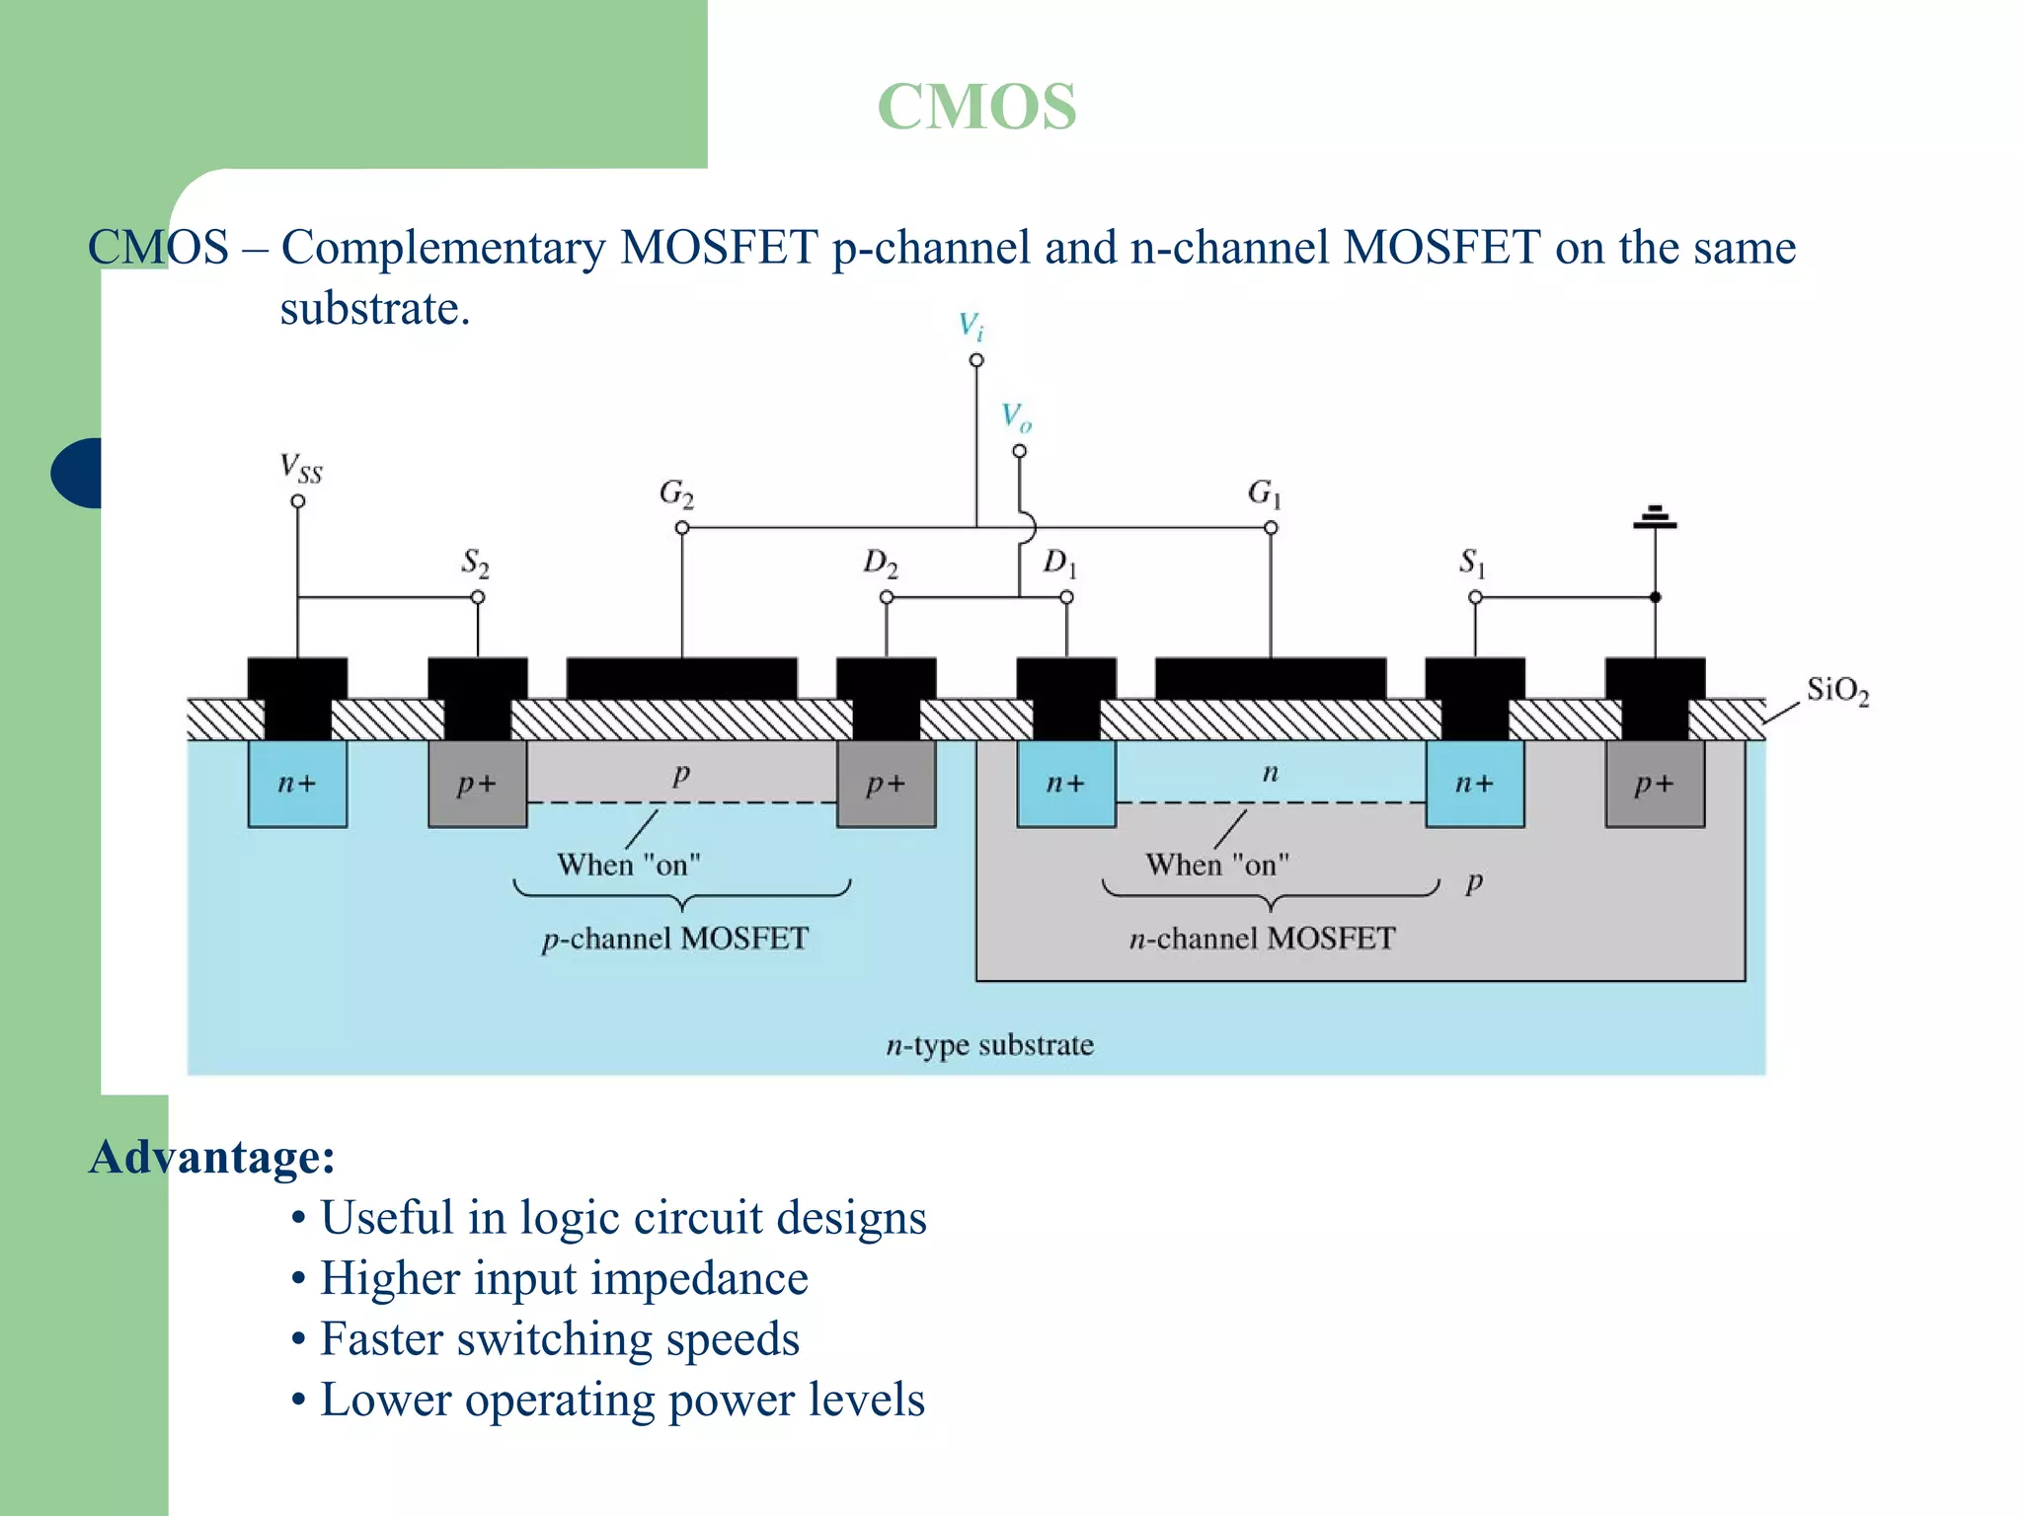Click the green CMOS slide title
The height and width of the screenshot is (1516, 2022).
[976, 107]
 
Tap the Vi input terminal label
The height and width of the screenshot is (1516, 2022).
[972, 326]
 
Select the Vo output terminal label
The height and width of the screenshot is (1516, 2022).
[1016, 417]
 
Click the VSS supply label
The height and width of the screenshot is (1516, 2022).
[300, 467]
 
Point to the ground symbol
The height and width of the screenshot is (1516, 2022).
[1655, 517]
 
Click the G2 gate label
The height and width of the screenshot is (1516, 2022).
[676, 493]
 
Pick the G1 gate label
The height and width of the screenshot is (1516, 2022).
[1264, 492]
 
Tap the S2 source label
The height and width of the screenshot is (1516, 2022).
[475, 564]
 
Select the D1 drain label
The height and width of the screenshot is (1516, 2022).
[1059, 564]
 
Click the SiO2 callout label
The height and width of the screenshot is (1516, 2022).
[1837, 690]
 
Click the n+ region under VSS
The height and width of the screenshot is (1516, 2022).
[297, 784]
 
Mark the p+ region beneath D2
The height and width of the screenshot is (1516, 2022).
[886, 784]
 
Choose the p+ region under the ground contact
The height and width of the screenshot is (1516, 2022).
[1655, 784]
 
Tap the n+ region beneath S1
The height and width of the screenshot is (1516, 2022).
[1474, 784]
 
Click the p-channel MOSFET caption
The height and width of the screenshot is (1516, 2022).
[675, 938]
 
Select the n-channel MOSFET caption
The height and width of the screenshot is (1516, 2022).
[1262, 938]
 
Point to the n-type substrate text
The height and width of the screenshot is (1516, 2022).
[989, 1044]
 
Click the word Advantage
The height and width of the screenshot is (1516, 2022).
[211, 1156]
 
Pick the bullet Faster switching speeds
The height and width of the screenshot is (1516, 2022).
[559, 1339]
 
